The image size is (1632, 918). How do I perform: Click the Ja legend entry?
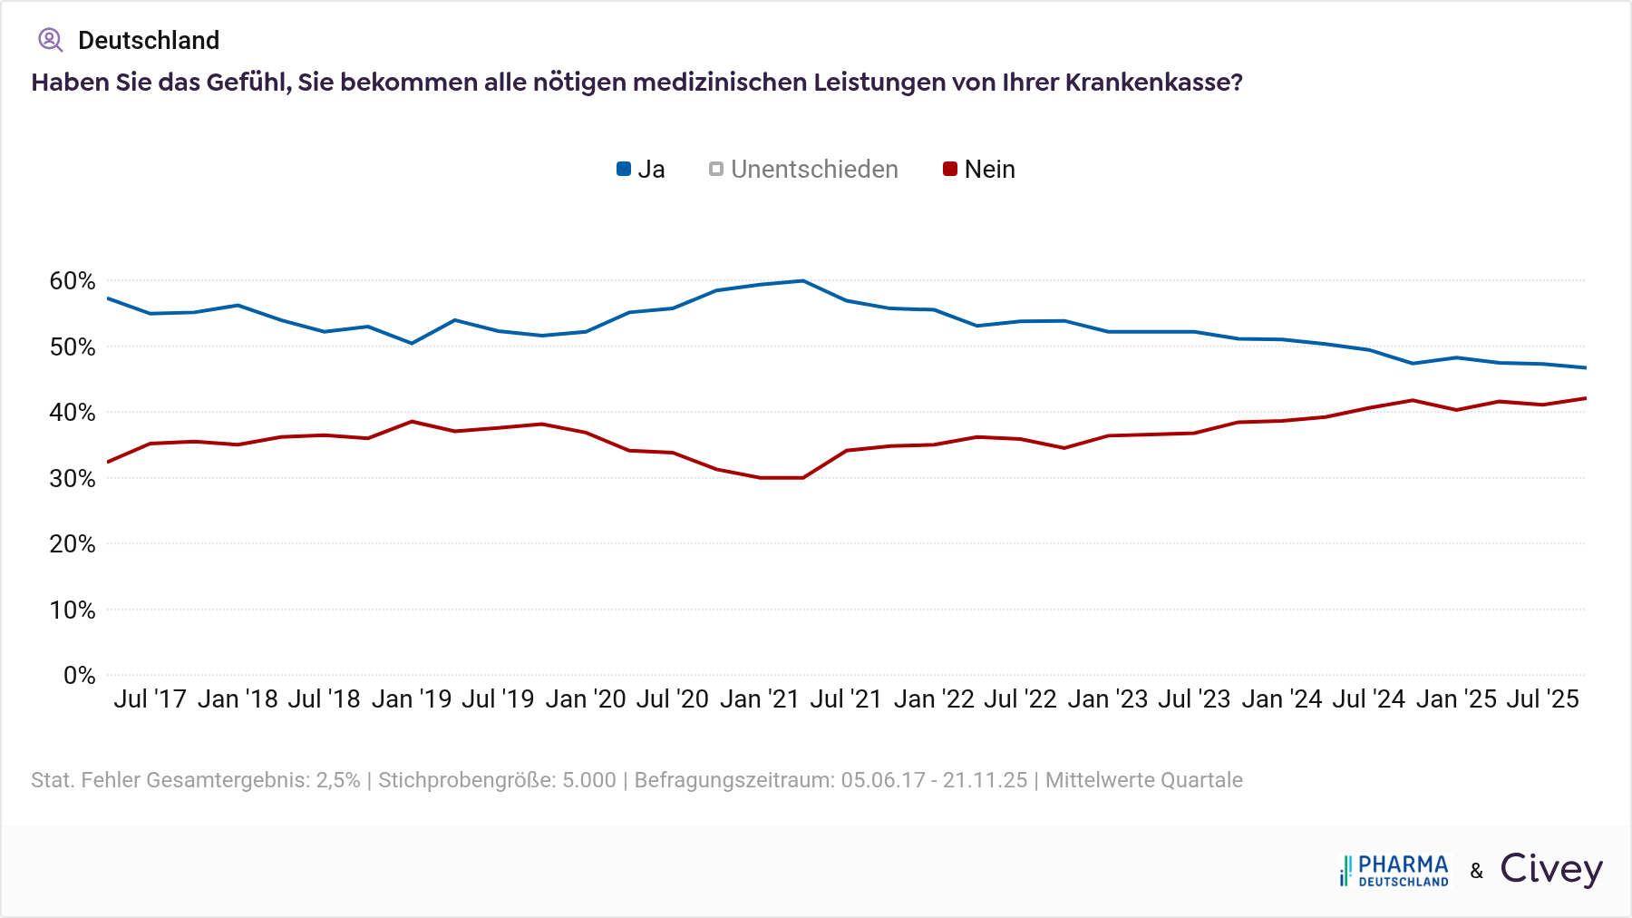[x=641, y=170]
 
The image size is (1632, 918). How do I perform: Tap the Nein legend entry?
[x=979, y=170]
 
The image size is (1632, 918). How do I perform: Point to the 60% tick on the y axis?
[x=73, y=281]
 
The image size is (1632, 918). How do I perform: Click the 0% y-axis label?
[x=79, y=676]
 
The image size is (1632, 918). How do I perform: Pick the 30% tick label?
[x=73, y=479]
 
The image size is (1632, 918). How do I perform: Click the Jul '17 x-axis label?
[x=150, y=699]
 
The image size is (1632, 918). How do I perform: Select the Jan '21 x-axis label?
[x=760, y=699]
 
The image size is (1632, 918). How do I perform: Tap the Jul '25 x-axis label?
[x=1542, y=699]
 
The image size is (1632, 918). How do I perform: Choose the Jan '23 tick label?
[x=1108, y=699]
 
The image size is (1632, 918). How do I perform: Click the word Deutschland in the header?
[x=149, y=41]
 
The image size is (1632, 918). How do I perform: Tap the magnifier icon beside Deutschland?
[x=50, y=40]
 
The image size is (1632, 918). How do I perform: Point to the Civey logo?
[x=1551, y=869]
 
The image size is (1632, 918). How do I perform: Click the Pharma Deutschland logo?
[x=1394, y=871]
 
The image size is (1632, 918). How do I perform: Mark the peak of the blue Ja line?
[x=802, y=281]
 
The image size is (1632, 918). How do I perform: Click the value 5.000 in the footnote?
[x=588, y=780]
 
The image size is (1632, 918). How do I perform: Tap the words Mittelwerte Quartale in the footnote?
[x=1143, y=780]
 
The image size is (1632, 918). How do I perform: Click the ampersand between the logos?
[x=1477, y=872]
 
